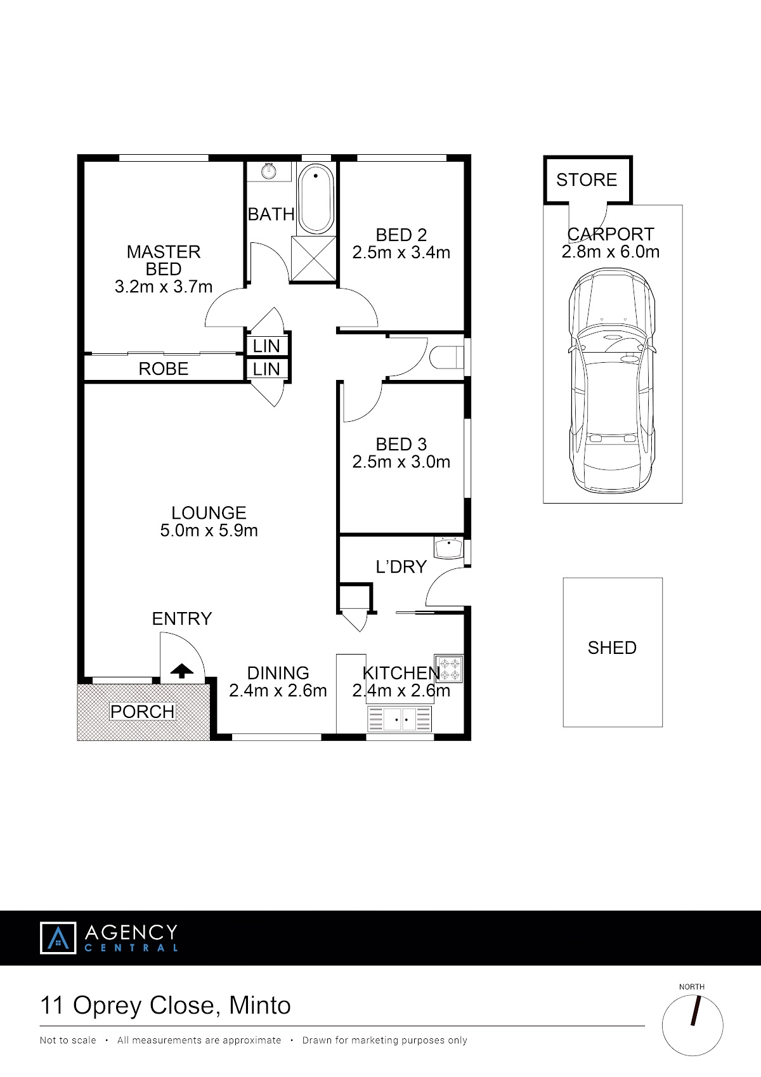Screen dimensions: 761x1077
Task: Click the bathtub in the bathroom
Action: coord(316,199)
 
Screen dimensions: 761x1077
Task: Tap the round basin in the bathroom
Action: coord(269,171)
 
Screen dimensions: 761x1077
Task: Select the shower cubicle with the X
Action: coord(313,259)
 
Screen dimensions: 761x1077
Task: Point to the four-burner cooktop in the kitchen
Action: coord(448,669)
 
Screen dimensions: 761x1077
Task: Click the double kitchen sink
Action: coord(400,719)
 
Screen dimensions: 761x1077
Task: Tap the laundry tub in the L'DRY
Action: coord(448,548)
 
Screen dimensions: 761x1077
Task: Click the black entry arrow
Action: coord(181,670)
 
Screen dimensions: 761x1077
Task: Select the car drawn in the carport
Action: coord(612,381)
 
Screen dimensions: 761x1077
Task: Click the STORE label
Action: coord(587,180)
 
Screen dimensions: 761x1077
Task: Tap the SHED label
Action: coord(612,648)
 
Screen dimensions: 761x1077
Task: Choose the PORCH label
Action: coord(142,712)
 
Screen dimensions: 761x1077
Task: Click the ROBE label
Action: coord(164,369)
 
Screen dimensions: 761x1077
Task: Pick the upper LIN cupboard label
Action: coord(266,346)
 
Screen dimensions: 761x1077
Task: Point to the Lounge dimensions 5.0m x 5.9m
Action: coord(209,530)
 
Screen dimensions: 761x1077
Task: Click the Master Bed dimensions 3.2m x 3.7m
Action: coord(164,287)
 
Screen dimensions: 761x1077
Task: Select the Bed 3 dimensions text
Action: coord(401,462)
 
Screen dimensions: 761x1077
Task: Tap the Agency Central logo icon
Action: coord(58,938)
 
